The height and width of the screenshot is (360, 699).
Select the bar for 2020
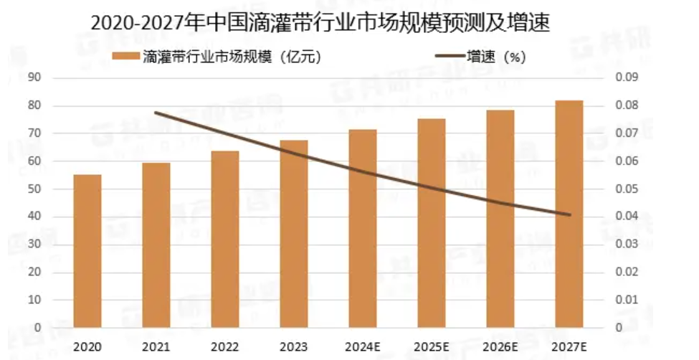(x=87, y=251)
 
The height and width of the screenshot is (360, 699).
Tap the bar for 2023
(x=293, y=234)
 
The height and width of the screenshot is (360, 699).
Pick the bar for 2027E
(x=569, y=214)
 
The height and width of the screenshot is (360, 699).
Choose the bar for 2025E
(x=432, y=223)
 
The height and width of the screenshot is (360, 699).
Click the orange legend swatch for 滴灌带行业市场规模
(x=125, y=57)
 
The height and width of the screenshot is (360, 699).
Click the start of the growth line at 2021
(x=156, y=113)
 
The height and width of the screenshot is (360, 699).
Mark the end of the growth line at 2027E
(x=569, y=214)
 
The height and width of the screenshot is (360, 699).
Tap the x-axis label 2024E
(x=363, y=346)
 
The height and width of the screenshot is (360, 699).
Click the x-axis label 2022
(x=225, y=346)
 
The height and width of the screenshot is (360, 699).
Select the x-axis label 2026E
(x=500, y=346)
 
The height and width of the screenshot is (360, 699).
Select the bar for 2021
(x=156, y=245)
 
